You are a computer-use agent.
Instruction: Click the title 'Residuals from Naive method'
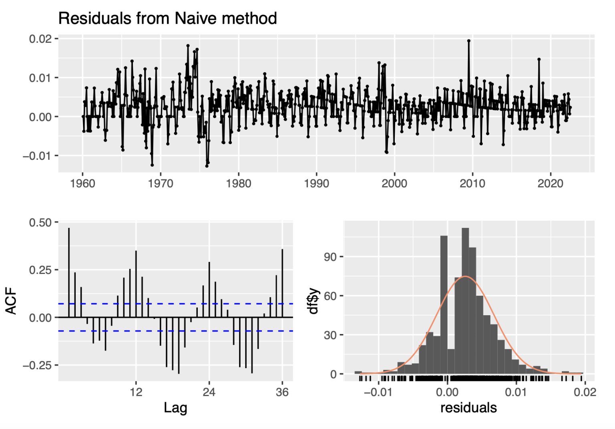pos(167,18)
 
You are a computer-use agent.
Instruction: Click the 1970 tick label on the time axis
pos(160,184)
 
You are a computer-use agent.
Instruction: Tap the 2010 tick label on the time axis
pos(472,184)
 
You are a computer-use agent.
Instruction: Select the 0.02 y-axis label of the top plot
pos(40,39)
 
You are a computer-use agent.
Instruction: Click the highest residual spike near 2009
pos(469,41)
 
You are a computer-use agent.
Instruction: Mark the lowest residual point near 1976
pos(207,165)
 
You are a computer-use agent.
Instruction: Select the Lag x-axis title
pos(175,408)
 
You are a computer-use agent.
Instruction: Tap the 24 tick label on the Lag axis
pos(209,392)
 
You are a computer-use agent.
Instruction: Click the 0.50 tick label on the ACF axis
pos(40,222)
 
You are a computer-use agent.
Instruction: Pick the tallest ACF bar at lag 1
pos(69,272)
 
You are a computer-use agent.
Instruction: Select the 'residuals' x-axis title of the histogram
pos(468,408)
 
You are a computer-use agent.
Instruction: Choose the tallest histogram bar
pos(465,300)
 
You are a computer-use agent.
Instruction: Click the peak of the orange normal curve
pos(465,276)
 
